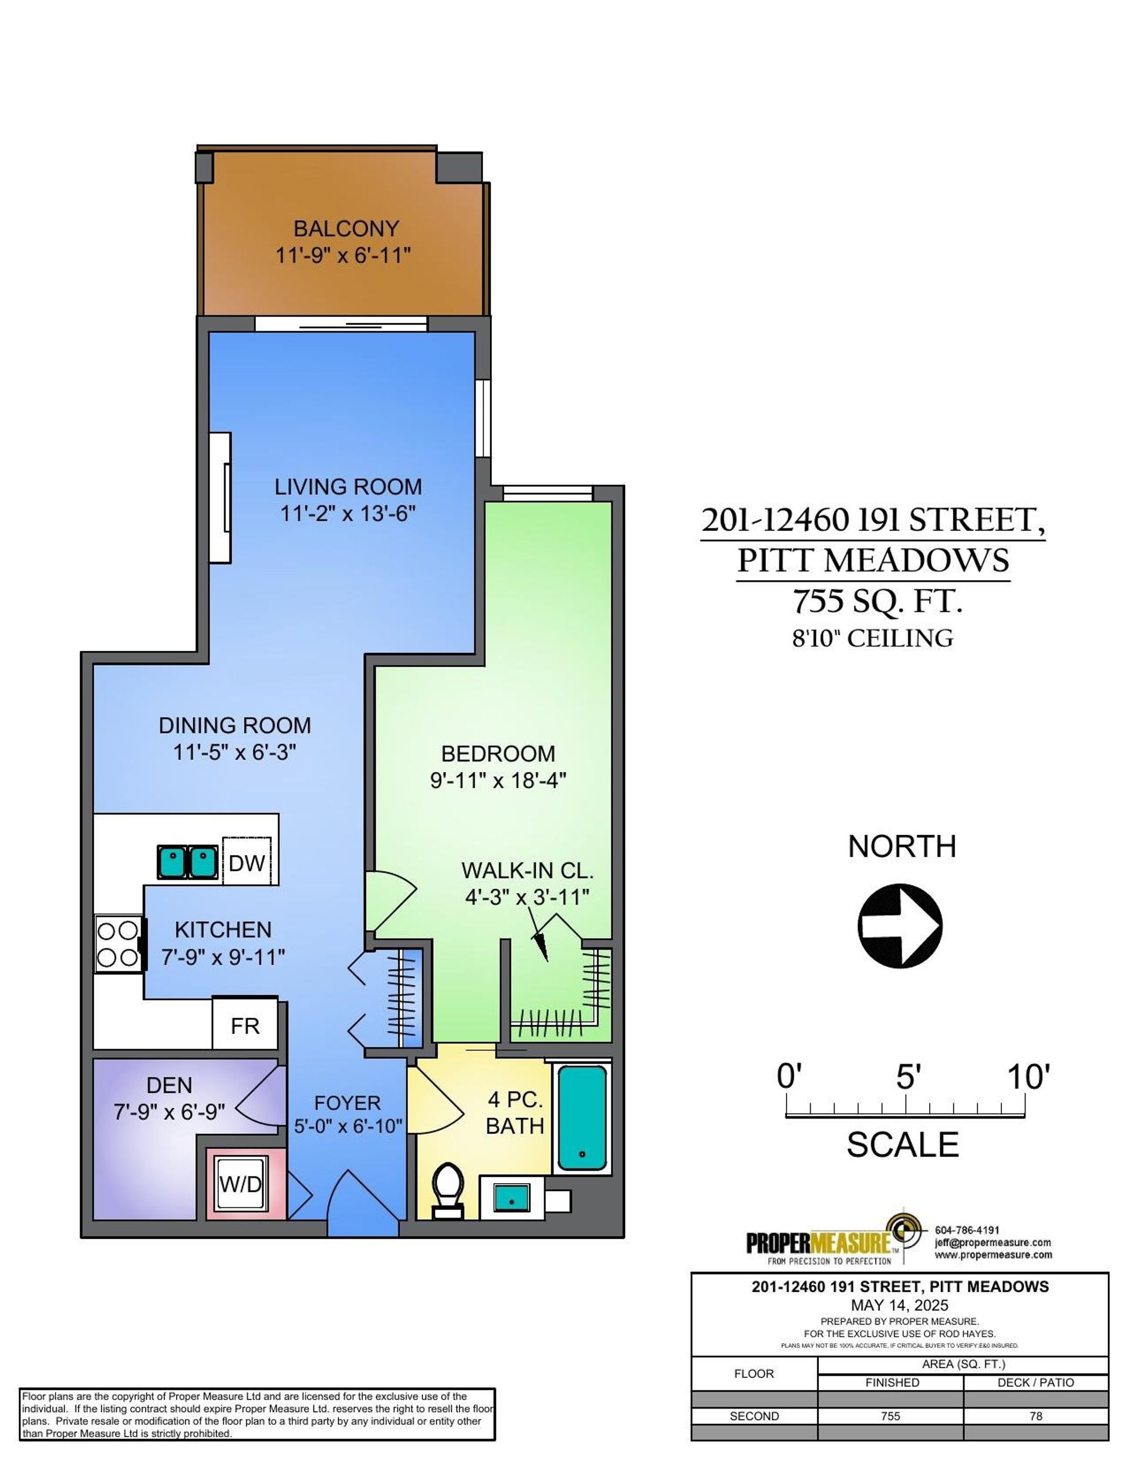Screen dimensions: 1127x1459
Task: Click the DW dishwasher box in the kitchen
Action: coord(247,861)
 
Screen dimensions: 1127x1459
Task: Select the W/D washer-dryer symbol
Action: coord(241,1184)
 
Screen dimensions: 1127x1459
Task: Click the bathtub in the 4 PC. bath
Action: coord(582,1119)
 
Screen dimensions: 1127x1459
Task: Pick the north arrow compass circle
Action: coord(900,926)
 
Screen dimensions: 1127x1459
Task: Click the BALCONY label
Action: coord(346,229)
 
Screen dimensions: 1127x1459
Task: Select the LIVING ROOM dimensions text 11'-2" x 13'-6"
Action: coord(348,514)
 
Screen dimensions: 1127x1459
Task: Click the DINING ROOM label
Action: coord(234,726)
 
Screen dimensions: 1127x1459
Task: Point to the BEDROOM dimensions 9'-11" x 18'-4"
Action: coord(498,780)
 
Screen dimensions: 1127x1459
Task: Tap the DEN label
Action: coord(169,1086)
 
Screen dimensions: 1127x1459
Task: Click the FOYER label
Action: coord(347,1103)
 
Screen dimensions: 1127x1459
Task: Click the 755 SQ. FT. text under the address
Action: coord(877,601)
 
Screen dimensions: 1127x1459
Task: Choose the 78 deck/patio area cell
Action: coord(1035,1416)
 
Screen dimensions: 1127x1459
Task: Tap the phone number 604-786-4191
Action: coord(967,1230)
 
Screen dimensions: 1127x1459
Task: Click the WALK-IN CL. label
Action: coord(527,871)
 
